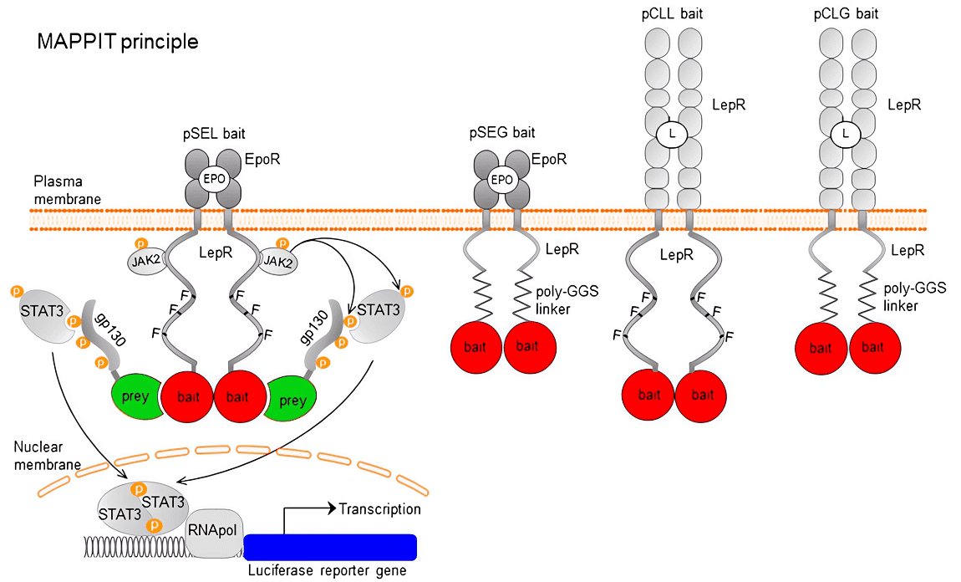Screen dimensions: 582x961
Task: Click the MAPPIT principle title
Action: (117, 42)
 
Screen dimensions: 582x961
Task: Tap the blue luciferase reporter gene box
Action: (331, 547)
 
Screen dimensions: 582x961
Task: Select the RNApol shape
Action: (214, 530)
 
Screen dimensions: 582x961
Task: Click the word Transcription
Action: (379, 508)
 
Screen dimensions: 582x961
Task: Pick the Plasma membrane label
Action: (66, 190)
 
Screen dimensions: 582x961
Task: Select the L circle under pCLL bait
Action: (668, 133)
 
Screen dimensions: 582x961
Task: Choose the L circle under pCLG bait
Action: (847, 133)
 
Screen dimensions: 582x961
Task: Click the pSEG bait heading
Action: (501, 132)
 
